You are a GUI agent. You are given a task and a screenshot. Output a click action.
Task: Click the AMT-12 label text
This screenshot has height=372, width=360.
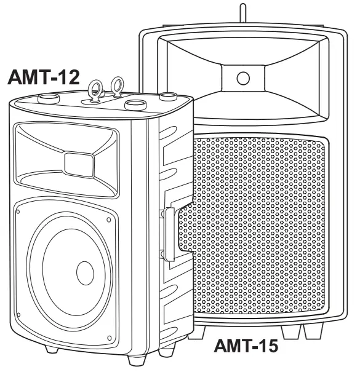coord(44,77)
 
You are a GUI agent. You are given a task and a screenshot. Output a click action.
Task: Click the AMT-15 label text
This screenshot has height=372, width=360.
coord(246,346)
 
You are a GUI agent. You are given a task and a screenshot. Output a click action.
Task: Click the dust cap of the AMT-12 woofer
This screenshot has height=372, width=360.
coord(85,273)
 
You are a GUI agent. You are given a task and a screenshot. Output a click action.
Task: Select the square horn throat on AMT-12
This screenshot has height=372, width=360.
coord(79,165)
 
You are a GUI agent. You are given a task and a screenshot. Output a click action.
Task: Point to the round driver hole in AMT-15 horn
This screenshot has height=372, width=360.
coord(243,78)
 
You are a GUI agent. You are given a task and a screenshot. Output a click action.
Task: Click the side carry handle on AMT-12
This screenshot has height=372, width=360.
coord(170,234)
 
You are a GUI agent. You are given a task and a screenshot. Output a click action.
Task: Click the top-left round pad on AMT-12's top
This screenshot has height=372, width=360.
coord(49,99)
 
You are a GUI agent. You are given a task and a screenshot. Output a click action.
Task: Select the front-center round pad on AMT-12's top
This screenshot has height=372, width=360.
coord(135,105)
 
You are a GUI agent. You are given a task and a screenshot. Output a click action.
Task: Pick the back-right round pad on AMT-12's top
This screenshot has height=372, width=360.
coord(168,97)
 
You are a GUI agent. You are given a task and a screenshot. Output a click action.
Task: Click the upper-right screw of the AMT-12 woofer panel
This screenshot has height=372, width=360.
coord(109,220)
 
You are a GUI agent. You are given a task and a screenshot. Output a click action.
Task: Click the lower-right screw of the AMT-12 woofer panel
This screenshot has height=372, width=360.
coord(110,338)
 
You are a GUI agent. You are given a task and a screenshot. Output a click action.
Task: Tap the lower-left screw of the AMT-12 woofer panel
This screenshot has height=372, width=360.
coord(18,315)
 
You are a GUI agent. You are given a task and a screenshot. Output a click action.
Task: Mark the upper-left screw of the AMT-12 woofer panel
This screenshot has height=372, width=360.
coord(18,212)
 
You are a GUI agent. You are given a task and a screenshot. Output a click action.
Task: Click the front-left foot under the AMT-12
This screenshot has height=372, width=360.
coord(52,349)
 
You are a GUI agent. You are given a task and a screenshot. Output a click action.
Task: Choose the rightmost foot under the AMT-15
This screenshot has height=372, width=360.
coord(314,331)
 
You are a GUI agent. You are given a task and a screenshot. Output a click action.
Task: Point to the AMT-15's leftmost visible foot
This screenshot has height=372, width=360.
coord(196,333)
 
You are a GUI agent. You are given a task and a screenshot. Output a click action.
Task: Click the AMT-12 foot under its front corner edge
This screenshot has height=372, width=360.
coord(137,360)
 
